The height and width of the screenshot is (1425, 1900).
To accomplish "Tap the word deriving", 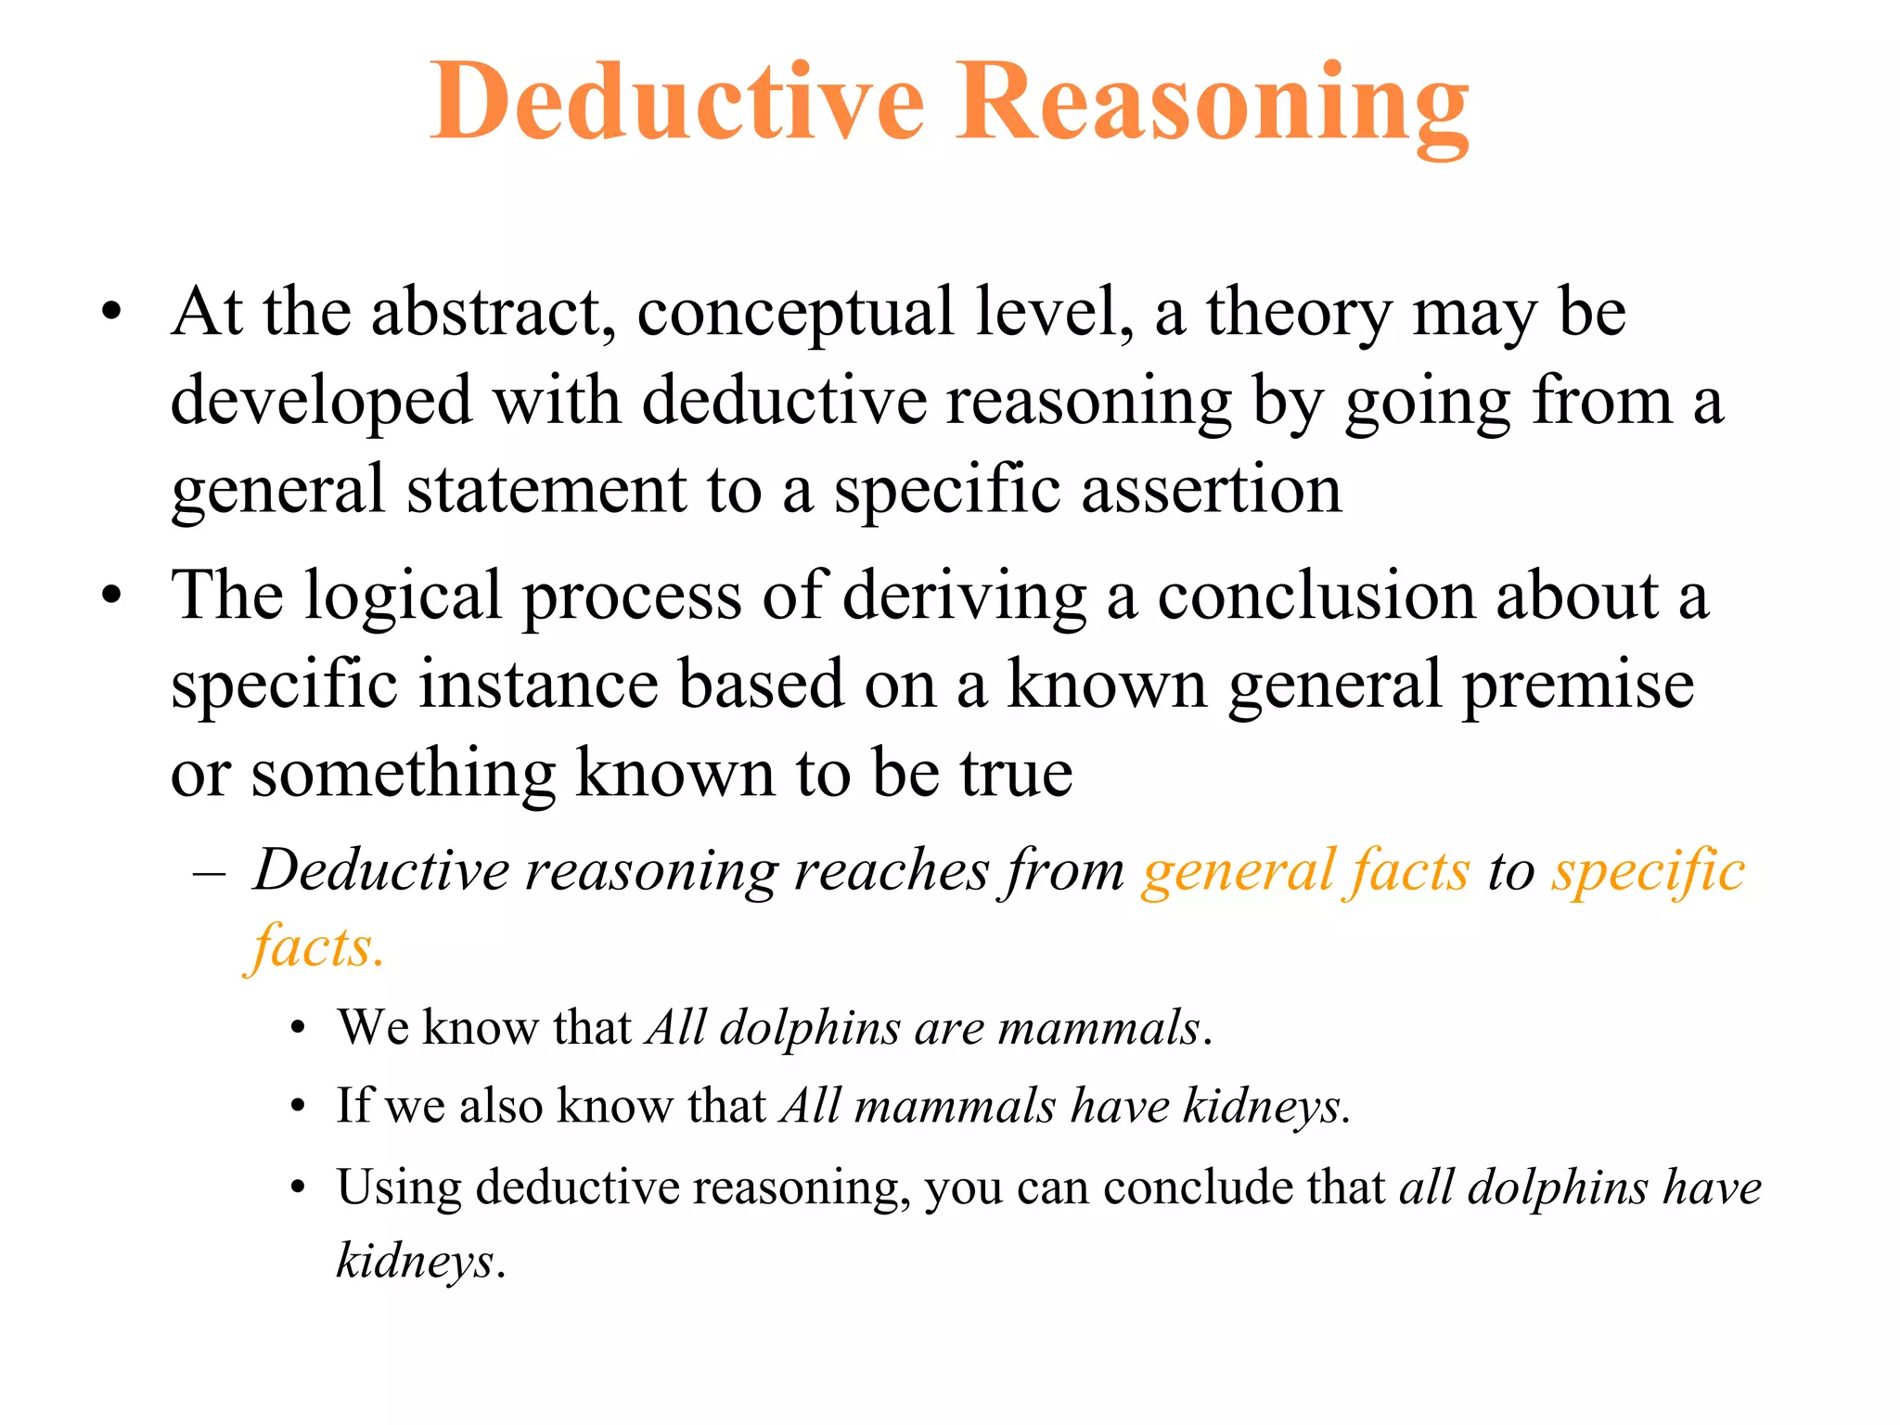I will pos(964,597).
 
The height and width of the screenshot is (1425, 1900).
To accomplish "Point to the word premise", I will pos(1578,686).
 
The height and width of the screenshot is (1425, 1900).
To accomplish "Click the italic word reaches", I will pos(892,872).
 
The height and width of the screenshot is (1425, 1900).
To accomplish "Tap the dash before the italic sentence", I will pos(210,873).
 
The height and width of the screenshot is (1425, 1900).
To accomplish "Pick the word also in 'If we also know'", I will pos(500,1107).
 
